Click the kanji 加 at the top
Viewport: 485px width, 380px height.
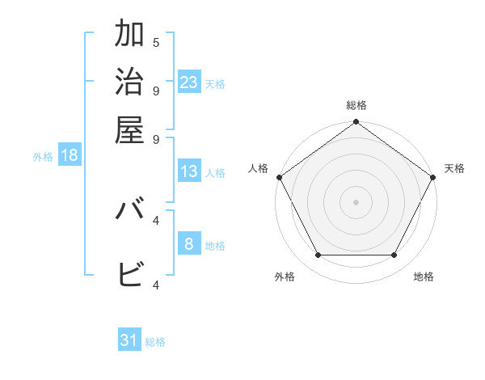pos(129,35)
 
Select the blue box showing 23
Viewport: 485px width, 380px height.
pos(189,82)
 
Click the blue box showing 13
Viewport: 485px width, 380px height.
pos(189,171)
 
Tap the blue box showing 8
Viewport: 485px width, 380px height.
pos(189,244)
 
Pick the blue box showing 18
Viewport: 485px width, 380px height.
pos(70,155)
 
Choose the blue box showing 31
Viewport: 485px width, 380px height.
pos(129,340)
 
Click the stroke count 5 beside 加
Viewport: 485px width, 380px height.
pos(156,42)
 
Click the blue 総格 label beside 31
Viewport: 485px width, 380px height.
pos(155,342)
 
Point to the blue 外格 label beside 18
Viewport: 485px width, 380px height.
pos(43,157)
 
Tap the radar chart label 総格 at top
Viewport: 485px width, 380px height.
pos(356,105)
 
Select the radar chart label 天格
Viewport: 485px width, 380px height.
pos(454,168)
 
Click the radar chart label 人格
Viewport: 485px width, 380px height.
pos(258,168)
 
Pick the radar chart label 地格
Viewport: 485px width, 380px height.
pos(424,277)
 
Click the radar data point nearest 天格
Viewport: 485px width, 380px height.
pos(433,177)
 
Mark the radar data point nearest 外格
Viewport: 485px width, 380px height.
pos(318,255)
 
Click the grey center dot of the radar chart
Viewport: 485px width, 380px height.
pos(356,202)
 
